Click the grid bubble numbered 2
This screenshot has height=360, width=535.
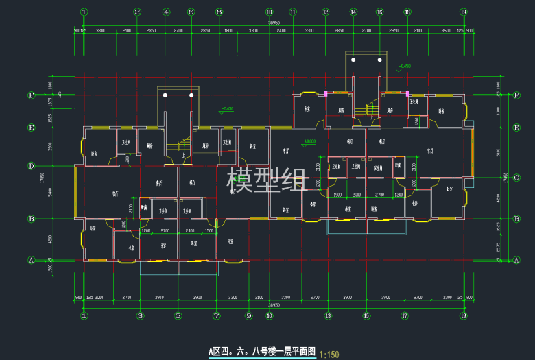137,12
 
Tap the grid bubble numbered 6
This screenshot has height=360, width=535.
191,12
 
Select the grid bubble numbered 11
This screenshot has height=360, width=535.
293,12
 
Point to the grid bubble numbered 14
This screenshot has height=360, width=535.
353,12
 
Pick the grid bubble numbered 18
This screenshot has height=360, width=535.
407,12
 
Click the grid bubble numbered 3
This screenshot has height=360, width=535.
140,316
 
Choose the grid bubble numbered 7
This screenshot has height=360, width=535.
217,316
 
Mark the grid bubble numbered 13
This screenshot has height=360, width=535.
328,316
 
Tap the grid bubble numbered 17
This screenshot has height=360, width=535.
405,316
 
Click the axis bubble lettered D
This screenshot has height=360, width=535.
31,165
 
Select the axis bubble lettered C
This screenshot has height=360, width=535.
516,177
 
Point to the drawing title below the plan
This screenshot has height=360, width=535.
262,352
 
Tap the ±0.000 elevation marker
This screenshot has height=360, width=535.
310,141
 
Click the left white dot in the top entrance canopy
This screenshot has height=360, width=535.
353,60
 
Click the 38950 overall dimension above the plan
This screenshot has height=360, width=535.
274,23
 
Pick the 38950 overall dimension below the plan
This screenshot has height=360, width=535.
274,304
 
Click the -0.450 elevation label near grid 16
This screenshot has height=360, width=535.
403,66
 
